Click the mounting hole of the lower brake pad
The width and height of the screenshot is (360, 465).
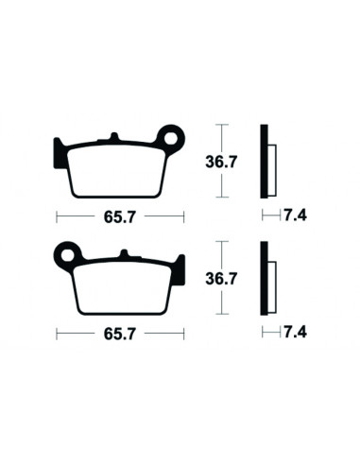click(66, 253)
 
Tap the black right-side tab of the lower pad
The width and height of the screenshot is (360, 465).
click(179, 267)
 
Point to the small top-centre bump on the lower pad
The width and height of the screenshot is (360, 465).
click(123, 254)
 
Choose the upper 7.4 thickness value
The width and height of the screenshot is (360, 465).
click(296, 215)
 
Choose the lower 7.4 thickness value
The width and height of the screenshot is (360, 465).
click(296, 333)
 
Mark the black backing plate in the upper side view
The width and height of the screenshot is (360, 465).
click(265, 163)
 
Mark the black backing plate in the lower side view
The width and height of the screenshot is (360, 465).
click(265, 280)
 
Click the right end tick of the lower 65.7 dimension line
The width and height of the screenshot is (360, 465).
click(183, 333)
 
